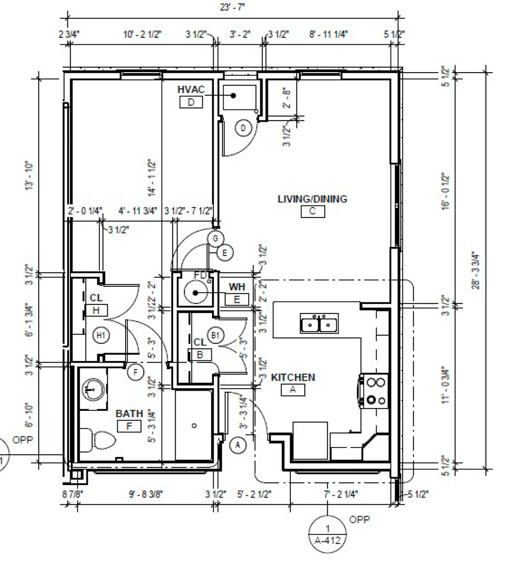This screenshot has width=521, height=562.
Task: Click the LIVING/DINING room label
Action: [x=312, y=199]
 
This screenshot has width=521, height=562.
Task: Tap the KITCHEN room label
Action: [x=293, y=377]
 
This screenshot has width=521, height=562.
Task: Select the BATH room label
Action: [x=129, y=413]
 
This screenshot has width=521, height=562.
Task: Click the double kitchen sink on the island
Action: [x=319, y=324]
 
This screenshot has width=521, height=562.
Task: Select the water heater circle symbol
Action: [x=196, y=293]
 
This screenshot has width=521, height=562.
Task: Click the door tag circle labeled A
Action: [x=237, y=445]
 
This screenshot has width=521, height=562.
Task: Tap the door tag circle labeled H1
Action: [x=101, y=335]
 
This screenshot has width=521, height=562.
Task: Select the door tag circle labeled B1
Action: [x=215, y=335]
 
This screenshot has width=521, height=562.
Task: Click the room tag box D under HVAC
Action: [x=191, y=102]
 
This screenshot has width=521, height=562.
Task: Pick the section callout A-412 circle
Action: [x=328, y=534]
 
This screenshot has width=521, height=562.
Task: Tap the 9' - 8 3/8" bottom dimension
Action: [x=146, y=494]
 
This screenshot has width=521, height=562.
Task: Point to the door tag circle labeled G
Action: [x=215, y=238]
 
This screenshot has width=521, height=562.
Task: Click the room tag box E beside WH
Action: [x=237, y=299]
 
